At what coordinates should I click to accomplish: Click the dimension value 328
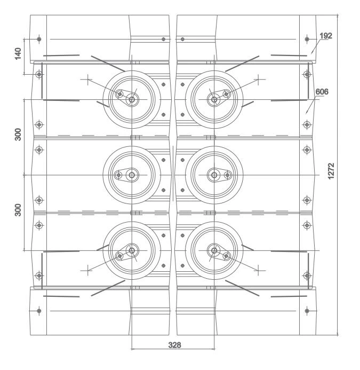click(174, 345)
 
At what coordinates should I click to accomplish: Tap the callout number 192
click(326, 36)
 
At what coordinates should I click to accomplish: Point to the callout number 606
click(322, 92)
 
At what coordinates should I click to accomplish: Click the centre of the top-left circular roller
click(131, 99)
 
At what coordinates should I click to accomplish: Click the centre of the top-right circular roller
click(214, 99)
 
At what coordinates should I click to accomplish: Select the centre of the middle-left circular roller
click(131, 175)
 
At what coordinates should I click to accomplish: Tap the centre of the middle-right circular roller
click(214, 175)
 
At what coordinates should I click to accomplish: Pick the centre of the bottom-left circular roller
click(131, 250)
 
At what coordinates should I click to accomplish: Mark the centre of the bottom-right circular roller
click(214, 250)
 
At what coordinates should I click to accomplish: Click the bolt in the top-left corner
click(39, 40)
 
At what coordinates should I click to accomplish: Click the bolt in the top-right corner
click(306, 40)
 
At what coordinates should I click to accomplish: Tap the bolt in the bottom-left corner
click(39, 311)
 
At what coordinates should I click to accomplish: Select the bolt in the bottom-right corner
click(306, 311)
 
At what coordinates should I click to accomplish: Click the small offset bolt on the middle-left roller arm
click(118, 175)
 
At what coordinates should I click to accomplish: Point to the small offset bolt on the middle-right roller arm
click(227, 175)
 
